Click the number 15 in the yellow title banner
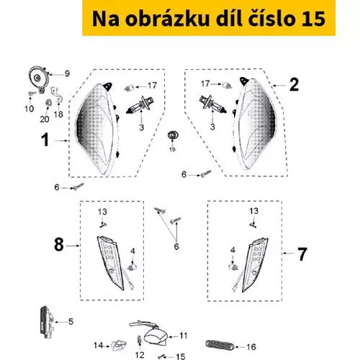313,19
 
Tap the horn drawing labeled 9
39,78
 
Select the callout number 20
45,119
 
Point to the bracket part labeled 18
57,95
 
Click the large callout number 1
45,140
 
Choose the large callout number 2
294,84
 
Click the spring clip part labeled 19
172,135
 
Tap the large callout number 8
59,245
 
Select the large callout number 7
302,254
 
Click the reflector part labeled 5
48,323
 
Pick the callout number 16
251,347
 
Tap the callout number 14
99,346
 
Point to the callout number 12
140,355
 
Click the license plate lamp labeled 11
155,334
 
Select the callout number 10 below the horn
30,109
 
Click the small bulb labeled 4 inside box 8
132,267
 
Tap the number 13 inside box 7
254,211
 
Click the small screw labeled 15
162,357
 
